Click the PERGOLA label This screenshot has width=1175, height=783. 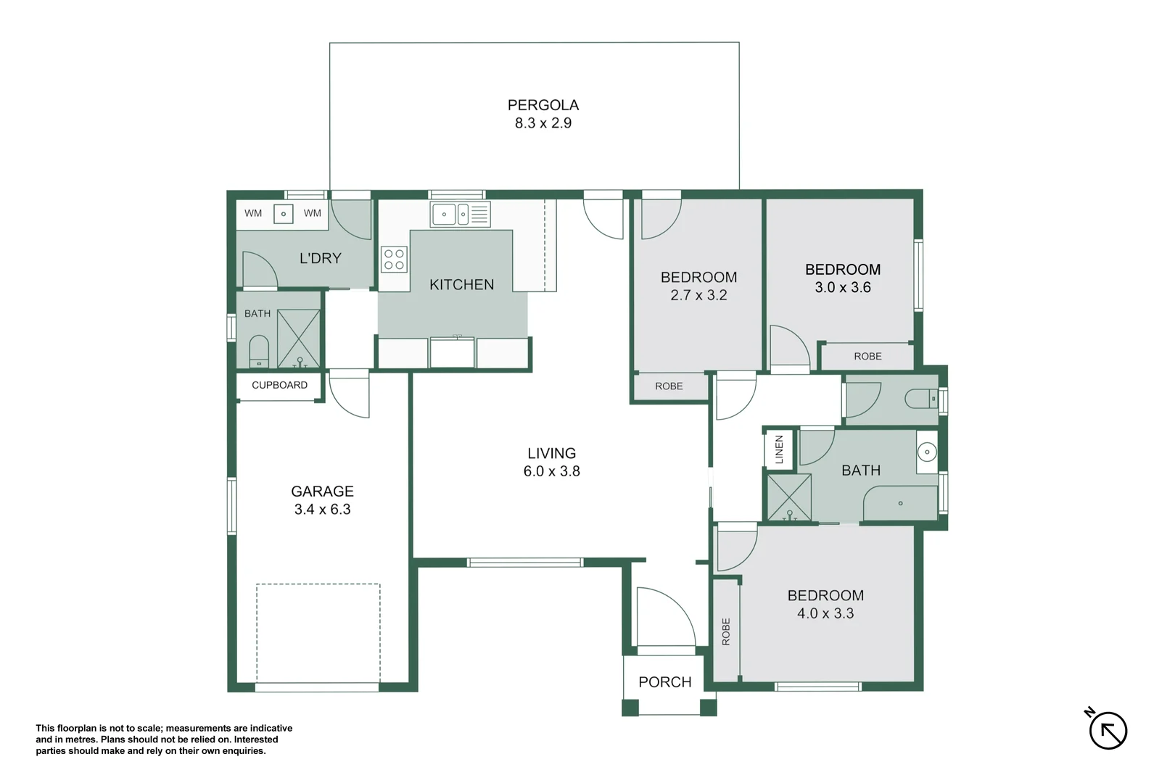[543, 105]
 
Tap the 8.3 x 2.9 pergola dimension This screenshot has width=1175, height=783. [543, 123]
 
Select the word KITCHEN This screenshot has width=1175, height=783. [461, 284]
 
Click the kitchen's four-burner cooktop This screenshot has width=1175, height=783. [394, 260]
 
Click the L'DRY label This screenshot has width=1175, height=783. [321, 258]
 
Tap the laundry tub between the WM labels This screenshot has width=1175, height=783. [284, 214]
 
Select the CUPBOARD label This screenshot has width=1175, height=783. [279, 385]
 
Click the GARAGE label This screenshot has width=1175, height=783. [322, 492]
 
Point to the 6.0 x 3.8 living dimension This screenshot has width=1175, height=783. [552, 471]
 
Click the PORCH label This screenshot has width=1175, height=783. [665, 681]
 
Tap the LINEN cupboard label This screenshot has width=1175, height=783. [779, 449]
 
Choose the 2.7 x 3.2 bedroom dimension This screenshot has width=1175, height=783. [698, 295]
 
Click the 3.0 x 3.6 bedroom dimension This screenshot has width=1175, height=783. [843, 287]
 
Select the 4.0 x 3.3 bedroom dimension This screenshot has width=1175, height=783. [825, 613]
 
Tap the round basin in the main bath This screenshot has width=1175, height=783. [927, 452]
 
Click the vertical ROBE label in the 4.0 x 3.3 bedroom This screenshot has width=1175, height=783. [726, 631]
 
